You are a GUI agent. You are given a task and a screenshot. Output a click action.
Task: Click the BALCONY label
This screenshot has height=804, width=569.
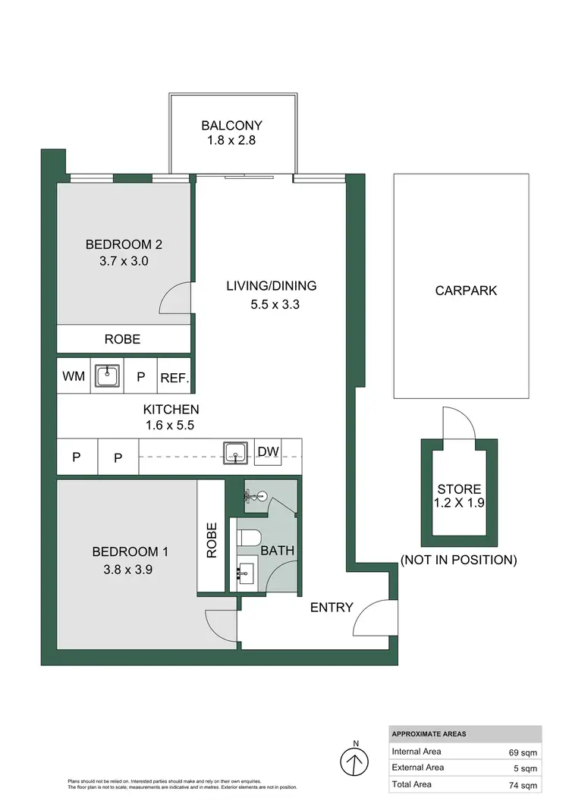click(x=231, y=126)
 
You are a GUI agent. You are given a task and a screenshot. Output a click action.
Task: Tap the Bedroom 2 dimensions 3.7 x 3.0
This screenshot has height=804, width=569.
click(x=123, y=261)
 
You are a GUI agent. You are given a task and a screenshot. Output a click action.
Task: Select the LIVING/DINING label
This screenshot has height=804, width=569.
click(x=271, y=286)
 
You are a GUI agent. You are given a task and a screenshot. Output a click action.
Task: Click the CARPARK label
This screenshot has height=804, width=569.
click(x=466, y=291)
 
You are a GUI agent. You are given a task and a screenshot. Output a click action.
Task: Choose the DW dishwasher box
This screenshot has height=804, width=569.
click(x=268, y=453)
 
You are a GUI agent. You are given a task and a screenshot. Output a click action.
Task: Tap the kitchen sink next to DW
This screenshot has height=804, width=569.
click(x=237, y=454)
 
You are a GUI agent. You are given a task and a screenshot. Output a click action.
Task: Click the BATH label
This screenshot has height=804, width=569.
click(x=277, y=551)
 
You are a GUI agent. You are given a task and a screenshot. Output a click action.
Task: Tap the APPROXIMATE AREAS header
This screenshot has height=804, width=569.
click(x=429, y=734)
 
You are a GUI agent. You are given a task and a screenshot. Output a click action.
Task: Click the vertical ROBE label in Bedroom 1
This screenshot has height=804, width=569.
click(x=211, y=540)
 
